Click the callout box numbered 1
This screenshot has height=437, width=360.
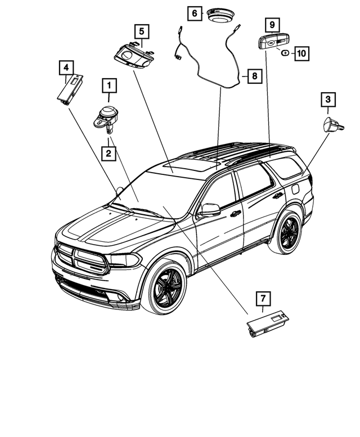coord(109,86)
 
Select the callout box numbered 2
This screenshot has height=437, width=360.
coord(109,152)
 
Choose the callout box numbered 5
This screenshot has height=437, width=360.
coord(141,30)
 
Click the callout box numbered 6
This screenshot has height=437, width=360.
coord(195,12)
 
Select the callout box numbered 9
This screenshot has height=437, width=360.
coord(272,25)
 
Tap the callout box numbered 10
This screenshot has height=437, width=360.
coord(301,53)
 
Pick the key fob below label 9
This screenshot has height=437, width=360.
coord(274,42)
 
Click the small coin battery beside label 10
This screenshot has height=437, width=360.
coord(285,53)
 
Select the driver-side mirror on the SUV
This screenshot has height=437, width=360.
coord(210,210)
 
